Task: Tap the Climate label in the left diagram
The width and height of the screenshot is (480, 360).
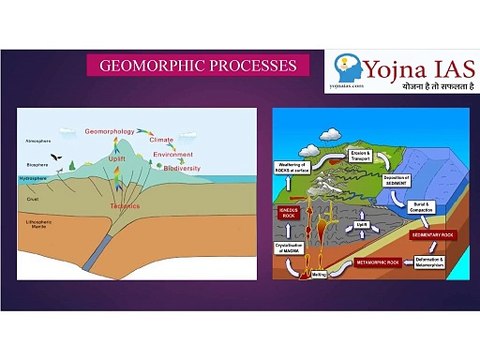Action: coord(167,141)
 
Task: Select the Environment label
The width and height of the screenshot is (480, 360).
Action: coord(171,156)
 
